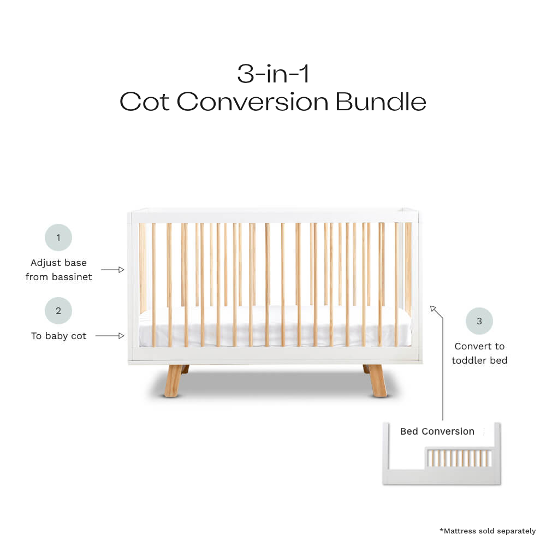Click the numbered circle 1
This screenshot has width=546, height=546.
click(58, 238)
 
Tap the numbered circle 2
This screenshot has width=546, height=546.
click(58, 311)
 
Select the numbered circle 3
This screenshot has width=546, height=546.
click(479, 321)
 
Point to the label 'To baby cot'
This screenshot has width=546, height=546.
click(58, 336)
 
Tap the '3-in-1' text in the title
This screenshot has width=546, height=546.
click(273, 74)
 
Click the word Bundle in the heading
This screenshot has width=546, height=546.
click(381, 102)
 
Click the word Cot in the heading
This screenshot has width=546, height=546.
click(145, 102)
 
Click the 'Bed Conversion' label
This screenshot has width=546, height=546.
click(437, 431)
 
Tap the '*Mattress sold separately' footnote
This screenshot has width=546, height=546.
click(488, 531)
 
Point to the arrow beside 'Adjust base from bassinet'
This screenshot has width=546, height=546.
click(113, 270)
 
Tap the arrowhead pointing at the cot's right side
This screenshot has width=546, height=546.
click(433, 309)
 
